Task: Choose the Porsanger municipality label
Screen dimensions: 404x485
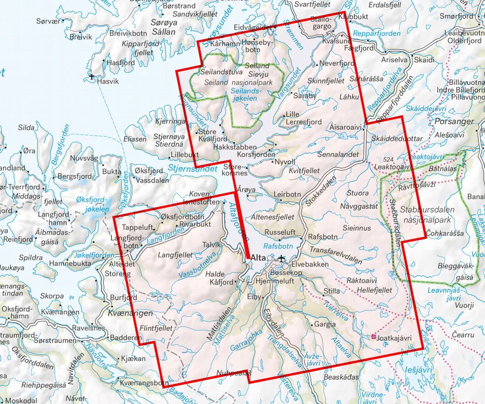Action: point(455,122)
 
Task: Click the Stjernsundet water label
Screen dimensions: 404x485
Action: point(193,169)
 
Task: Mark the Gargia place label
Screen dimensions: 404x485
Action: point(325,324)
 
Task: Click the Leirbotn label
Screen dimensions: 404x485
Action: point(287,195)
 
